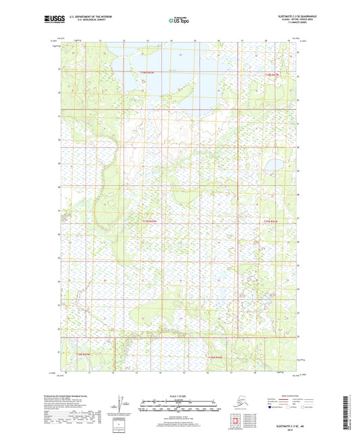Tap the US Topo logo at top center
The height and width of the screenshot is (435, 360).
(x=179, y=20)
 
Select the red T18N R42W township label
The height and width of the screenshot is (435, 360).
(x=272, y=74)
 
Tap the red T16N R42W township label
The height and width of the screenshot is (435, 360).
(x=215, y=357)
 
